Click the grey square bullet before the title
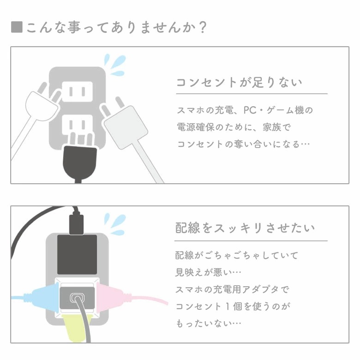pyautogui.click(x=17, y=27)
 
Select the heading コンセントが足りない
pyautogui.click(x=239, y=82)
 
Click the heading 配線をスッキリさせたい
pyautogui.click(x=245, y=228)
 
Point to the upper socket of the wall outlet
pyautogui.click(x=78, y=91)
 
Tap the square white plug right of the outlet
pyautogui.click(x=126, y=127)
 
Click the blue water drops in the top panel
pyautogui.click(x=115, y=64)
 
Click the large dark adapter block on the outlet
pyautogui.click(x=77, y=254)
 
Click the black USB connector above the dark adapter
pyautogui.click(x=76, y=224)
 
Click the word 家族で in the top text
pyautogui.click(x=276, y=127)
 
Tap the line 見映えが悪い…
pyautogui.click(x=208, y=272)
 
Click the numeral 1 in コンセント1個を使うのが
pyautogui.click(x=227, y=306)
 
